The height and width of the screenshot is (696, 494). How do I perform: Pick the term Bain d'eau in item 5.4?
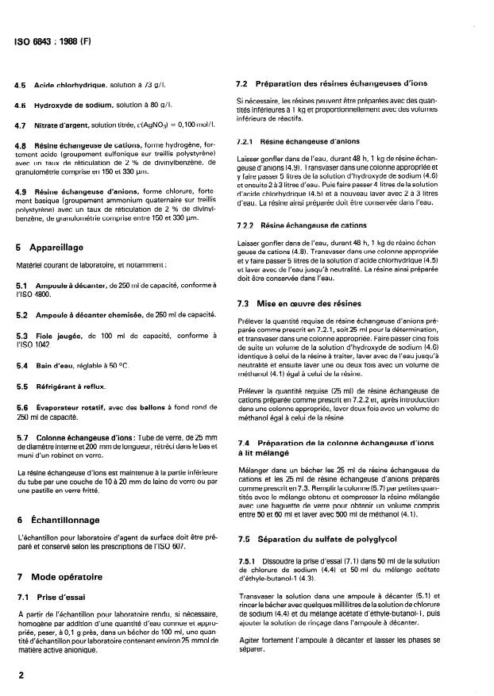62,365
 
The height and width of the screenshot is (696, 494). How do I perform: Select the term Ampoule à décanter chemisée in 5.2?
89,315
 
